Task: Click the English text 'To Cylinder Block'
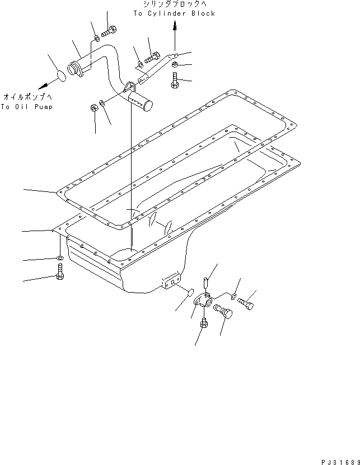click(174, 13)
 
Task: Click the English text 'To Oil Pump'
click(26, 106)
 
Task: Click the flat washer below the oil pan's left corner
click(60, 259)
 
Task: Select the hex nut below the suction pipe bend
click(93, 109)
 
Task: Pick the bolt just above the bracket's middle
click(152, 57)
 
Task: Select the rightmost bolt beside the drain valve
click(247, 302)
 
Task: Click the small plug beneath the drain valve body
click(203, 323)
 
